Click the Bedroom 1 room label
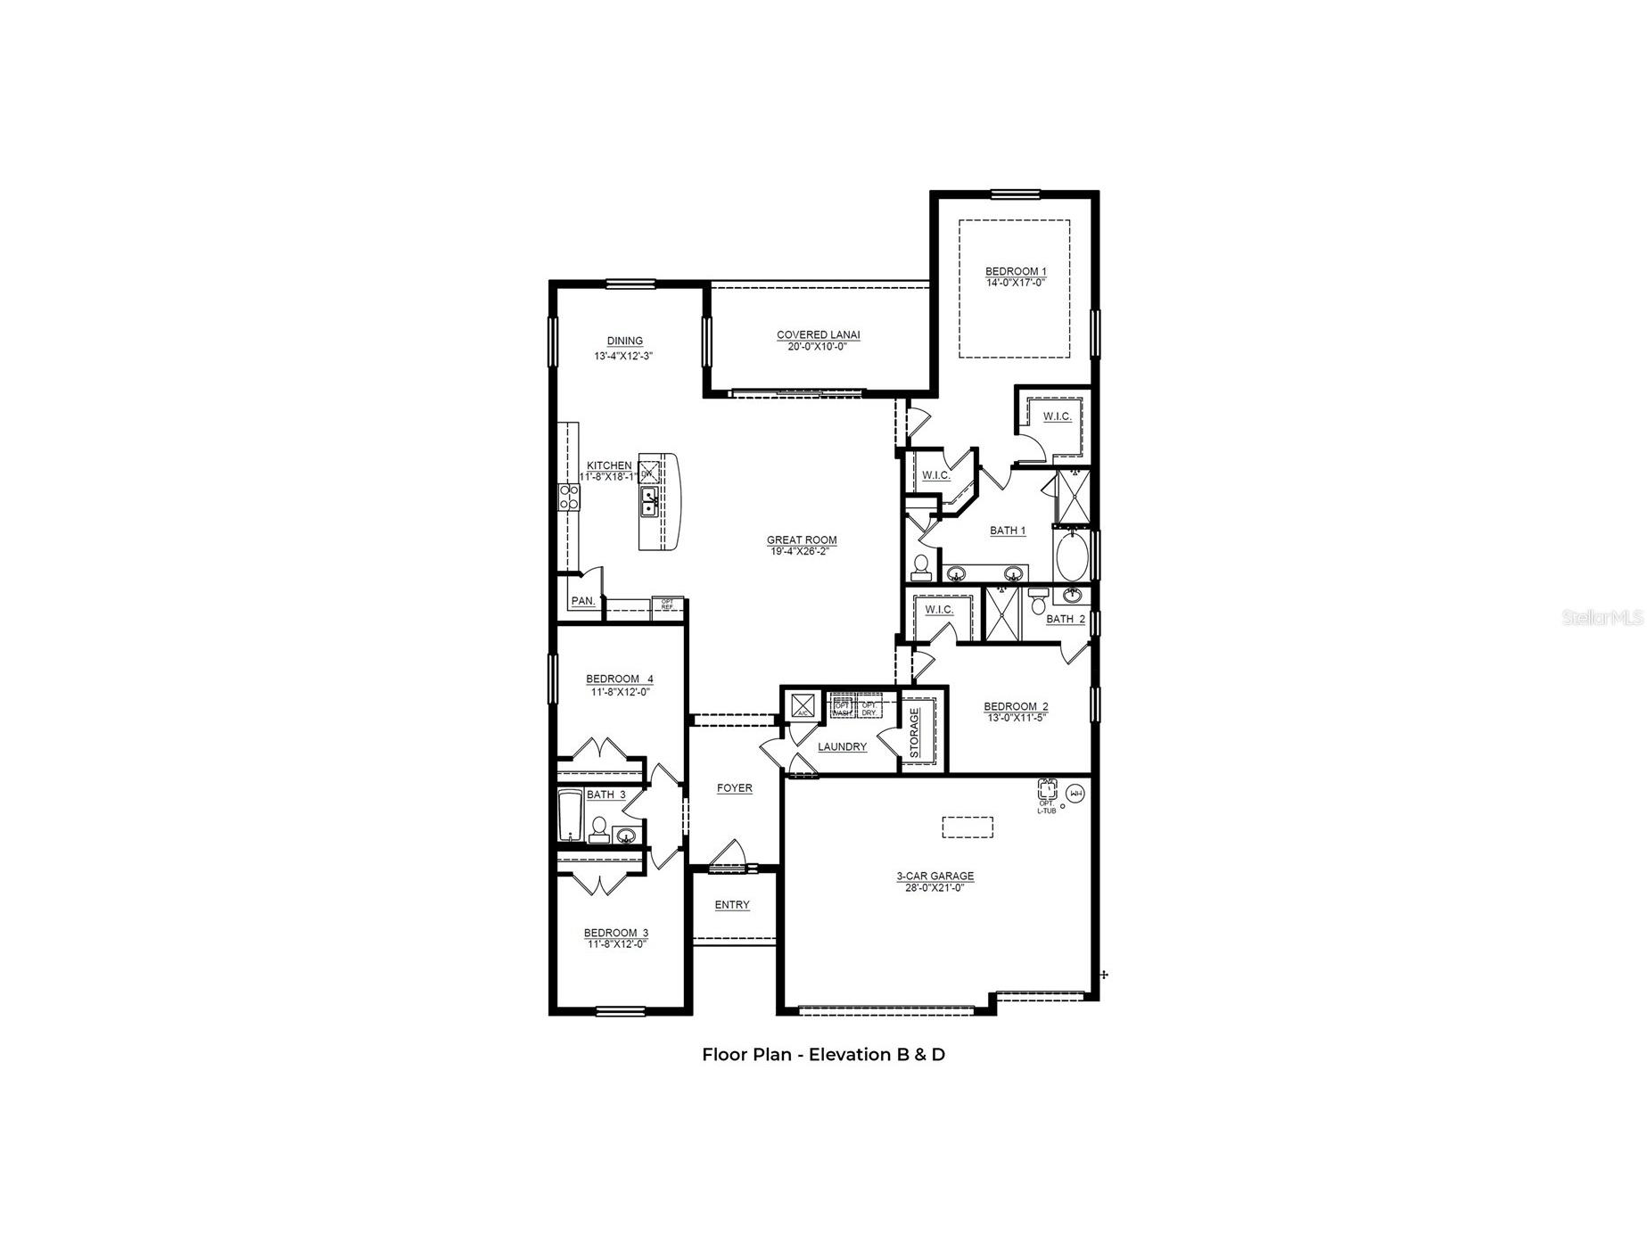click(x=1015, y=271)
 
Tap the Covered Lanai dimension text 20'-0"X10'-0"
click(x=818, y=347)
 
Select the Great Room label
click(x=802, y=539)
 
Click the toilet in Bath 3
click(x=599, y=830)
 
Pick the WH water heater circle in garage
click(x=1075, y=793)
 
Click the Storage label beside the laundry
click(x=914, y=733)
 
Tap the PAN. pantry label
click(x=583, y=601)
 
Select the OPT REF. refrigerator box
click(x=666, y=605)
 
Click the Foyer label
click(x=735, y=788)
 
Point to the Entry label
click(x=732, y=905)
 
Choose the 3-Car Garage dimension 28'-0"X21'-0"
click(x=935, y=887)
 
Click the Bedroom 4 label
click(x=619, y=679)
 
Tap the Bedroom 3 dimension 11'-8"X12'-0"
click(x=616, y=944)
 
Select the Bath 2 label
click(x=1066, y=619)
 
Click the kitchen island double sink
click(x=649, y=502)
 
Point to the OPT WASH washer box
click(x=841, y=706)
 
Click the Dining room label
click(x=624, y=341)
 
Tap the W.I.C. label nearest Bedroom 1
click(x=1057, y=416)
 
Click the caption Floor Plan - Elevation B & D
click(x=823, y=1055)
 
